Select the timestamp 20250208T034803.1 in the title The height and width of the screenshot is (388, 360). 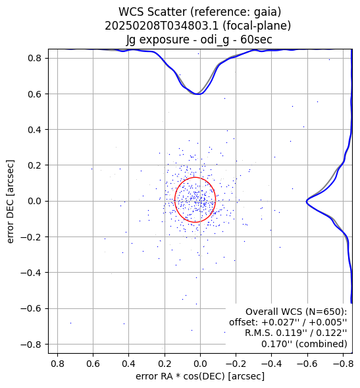(x=162, y=26)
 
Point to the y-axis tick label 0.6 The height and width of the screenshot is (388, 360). (x=35, y=94)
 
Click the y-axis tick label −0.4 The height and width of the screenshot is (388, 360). (x=31, y=273)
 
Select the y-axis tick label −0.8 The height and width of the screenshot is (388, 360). (x=31, y=345)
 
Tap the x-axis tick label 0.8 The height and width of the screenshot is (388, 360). (x=57, y=364)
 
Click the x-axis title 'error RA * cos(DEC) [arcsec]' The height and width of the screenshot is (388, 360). (x=200, y=376)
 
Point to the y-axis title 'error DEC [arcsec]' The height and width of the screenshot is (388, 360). (x=11, y=202)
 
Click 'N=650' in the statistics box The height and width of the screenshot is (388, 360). (x=320, y=312)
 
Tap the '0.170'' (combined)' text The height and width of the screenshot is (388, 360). (x=304, y=344)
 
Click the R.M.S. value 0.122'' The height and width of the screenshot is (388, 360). (x=332, y=333)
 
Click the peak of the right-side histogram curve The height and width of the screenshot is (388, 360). (x=307, y=201)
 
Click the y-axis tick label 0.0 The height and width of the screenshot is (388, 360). (x=35, y=201)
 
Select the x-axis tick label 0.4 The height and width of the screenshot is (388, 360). (x=128, y=364)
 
